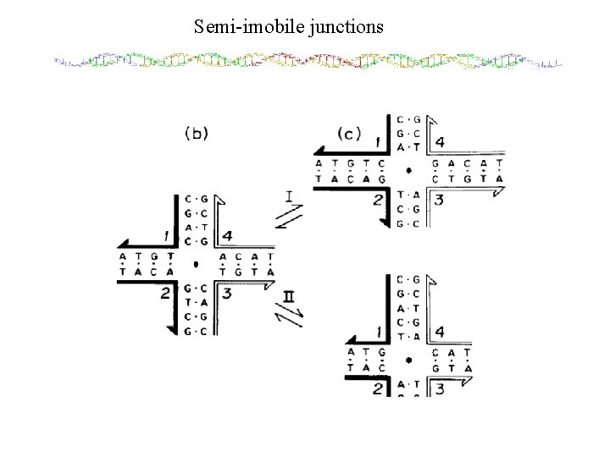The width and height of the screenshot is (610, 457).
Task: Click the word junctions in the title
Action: (346, 26)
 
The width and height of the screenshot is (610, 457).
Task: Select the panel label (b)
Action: (197, 133)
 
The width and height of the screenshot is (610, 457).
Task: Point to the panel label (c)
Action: (348, 133)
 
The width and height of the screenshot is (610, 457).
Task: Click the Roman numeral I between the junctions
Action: (290, 196)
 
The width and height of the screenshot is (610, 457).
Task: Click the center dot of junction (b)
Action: (196, 264)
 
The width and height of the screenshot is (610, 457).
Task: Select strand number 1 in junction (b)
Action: (168, 235)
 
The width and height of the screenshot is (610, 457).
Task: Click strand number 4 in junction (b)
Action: (227, 235)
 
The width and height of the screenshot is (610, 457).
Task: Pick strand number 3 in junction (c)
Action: (439, 200)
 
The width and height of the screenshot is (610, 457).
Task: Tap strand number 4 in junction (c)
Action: (439, 141)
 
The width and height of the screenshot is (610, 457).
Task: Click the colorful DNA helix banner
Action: (307, 62)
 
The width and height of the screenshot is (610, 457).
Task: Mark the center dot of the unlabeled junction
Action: (409, 360)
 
